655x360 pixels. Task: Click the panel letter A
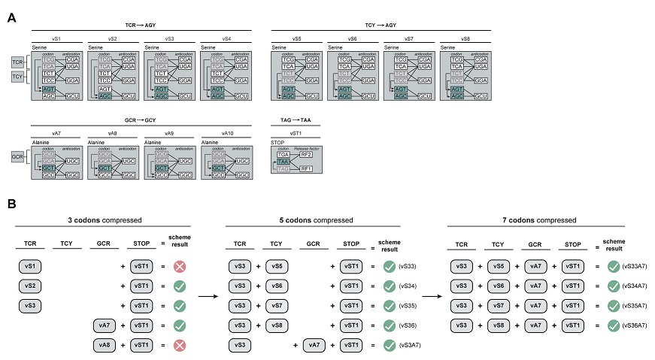(x=11, y=17)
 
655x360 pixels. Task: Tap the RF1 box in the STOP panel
(x=307, y=169)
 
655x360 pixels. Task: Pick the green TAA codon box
(x=283, y=161)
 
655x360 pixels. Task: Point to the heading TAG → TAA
(x=296, y=119)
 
